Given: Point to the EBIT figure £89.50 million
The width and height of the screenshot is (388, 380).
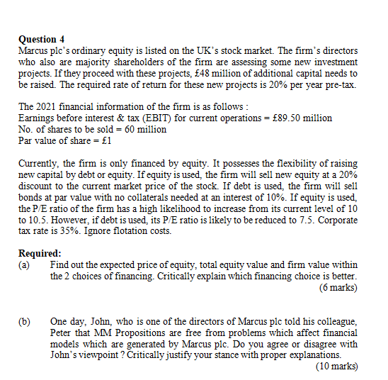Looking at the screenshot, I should coord(302,118).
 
